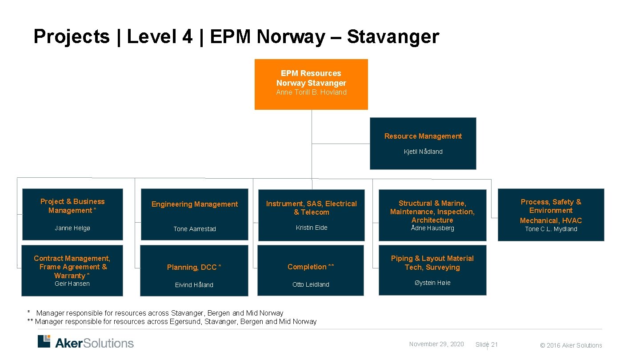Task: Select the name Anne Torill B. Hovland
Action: pos(311,92)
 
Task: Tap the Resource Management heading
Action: pos(423,136)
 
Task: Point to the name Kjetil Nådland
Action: pos(423,152)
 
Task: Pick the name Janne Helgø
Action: pos(72,228)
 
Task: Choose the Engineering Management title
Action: pos(195,204)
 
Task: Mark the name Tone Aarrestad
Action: pos(195,229)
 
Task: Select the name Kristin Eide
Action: pos(311,228)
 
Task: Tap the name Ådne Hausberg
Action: pos(432,228)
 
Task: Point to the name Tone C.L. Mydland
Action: pos(551,229)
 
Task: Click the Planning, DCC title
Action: pos(194,267)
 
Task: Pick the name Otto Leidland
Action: pos(311,284)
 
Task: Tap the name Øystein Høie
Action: pos(432,283)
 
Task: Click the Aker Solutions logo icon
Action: pos(44,341)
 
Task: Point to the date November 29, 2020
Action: pos(436,344)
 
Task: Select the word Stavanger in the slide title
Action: pos(393,36)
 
